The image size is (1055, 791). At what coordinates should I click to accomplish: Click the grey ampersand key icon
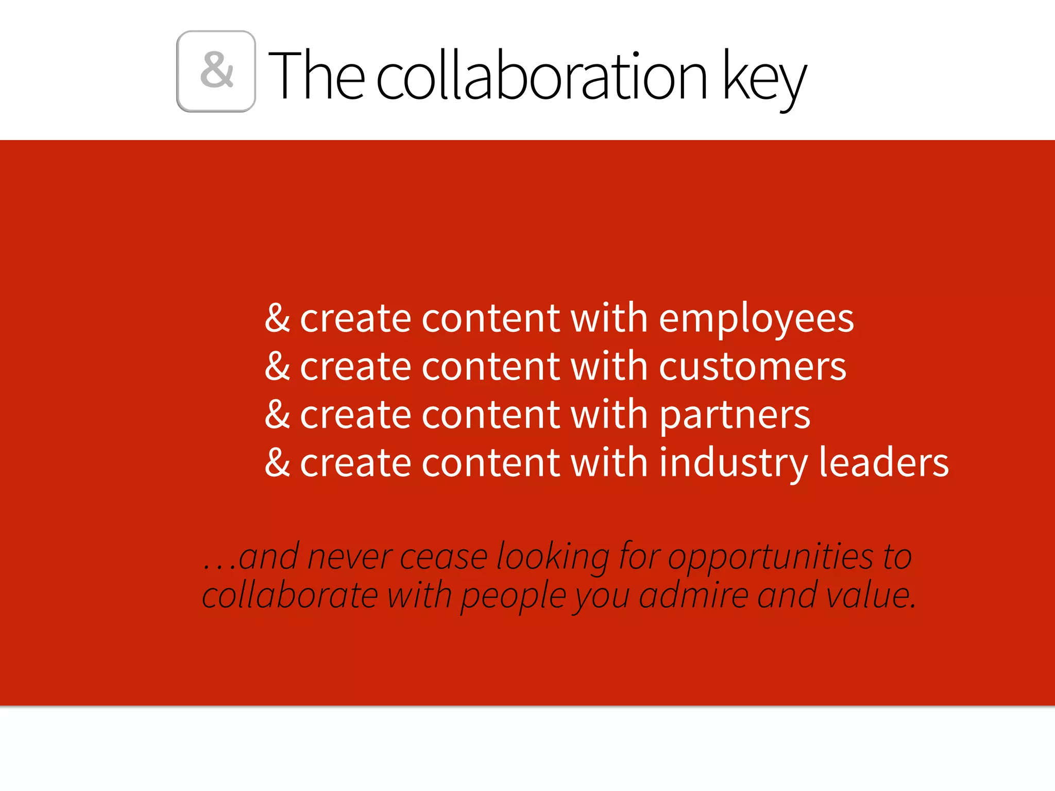coord(216,71)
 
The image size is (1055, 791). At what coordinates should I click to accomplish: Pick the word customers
coord(752,367)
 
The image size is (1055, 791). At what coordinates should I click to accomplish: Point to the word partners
coord(735,415)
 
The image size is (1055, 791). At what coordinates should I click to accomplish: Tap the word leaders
coord(883,462)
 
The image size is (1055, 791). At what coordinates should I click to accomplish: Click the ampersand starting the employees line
coord(277,318)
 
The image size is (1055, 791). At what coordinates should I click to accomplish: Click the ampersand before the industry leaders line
coord(277,462)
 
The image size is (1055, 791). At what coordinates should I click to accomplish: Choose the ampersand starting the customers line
coord(277,366)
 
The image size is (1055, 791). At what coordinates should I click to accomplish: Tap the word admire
coord(693,596)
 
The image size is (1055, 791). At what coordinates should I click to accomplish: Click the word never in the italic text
coord(350,557)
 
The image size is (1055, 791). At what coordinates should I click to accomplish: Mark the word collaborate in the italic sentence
coord(290,596)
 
